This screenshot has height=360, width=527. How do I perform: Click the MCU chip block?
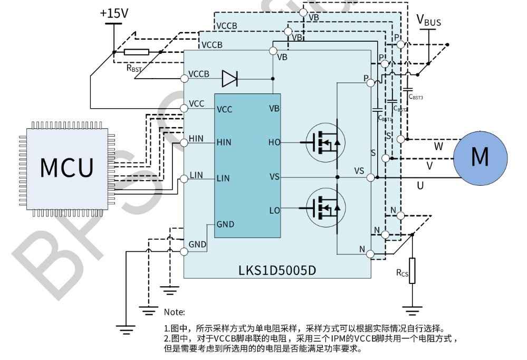point(67,167)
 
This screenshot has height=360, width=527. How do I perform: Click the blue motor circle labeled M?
point(480,157)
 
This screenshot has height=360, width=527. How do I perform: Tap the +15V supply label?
point(113,13)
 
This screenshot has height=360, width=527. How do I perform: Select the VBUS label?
point(428,21)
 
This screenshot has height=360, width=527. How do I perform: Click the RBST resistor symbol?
point(137,52)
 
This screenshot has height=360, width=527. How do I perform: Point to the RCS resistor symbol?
point(412,270)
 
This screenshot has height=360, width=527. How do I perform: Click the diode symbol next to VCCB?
point(230,79)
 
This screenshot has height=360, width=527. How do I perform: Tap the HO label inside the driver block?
point(274,143)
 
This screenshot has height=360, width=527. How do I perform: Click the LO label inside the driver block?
point(274,211)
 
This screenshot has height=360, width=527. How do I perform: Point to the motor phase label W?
point(438,145)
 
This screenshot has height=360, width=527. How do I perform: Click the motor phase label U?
point(420,185)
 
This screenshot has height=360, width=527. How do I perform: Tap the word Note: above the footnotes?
point(174,312)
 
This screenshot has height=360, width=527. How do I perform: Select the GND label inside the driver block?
point(225,224)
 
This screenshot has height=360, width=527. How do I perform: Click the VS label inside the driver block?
point(274,177)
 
